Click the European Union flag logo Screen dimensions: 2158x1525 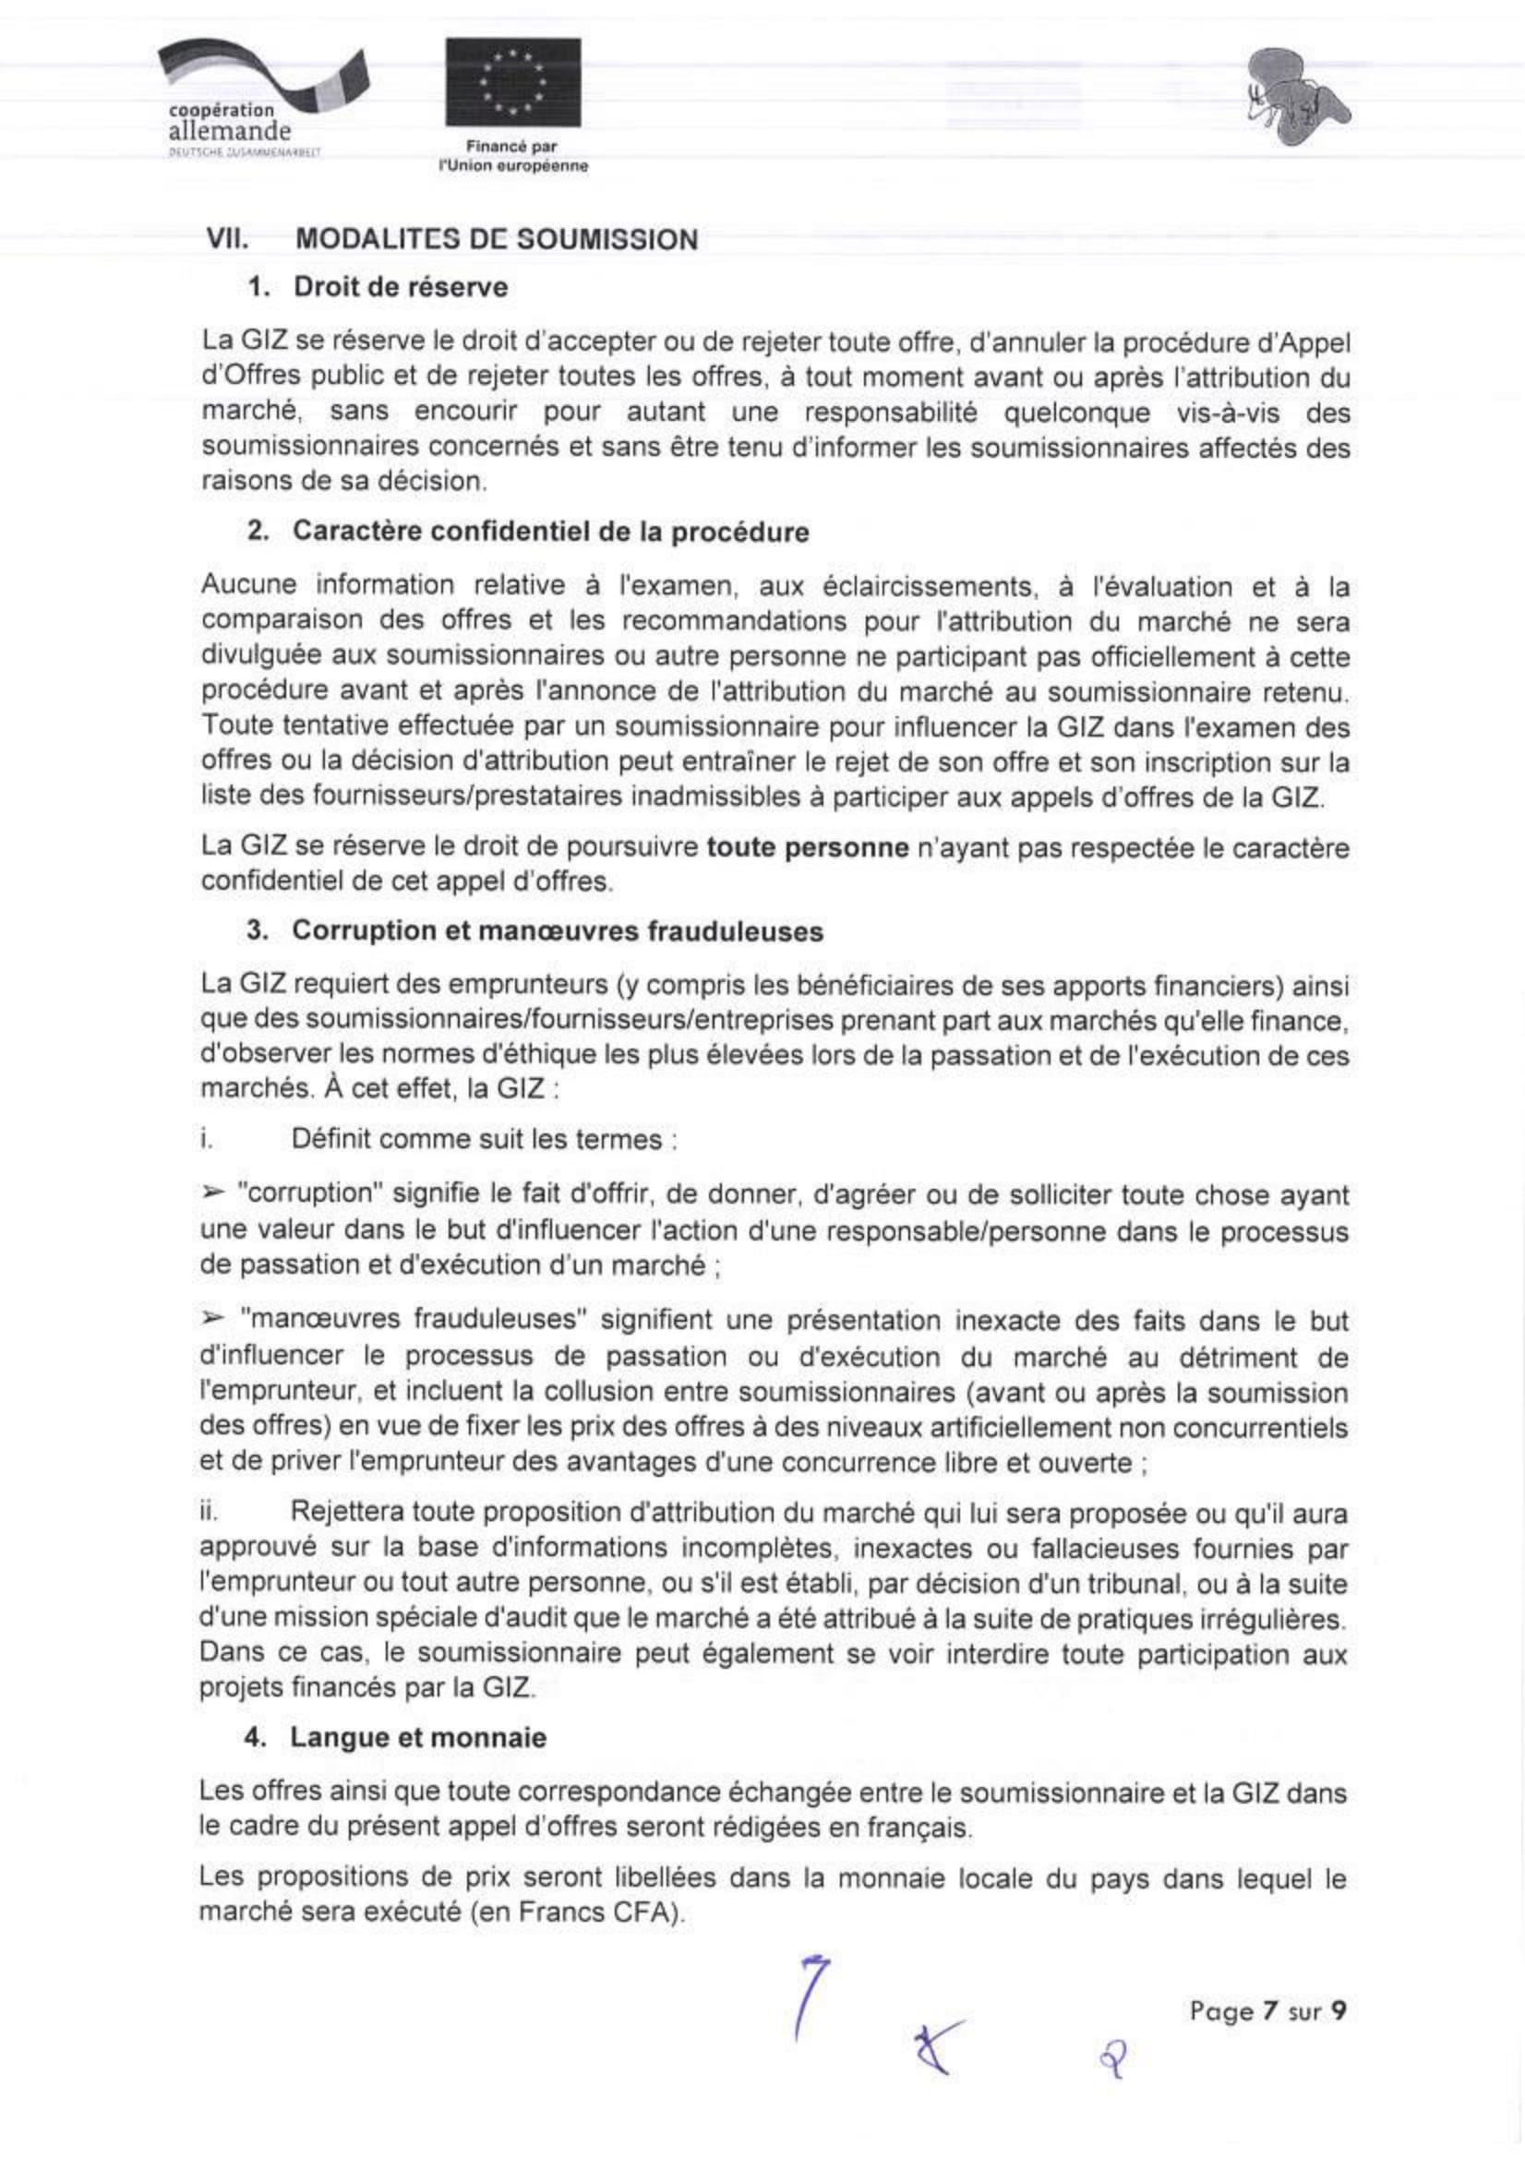[512, 82]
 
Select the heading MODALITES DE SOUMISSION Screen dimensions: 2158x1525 [497, 240]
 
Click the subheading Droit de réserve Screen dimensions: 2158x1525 [401, 288]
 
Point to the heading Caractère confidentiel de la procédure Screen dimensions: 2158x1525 [550, 532]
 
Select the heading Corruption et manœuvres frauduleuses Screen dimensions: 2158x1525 [558, 931]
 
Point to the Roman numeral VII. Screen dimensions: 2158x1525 [226, 240]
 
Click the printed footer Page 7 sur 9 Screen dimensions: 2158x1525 [1268, 2011]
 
